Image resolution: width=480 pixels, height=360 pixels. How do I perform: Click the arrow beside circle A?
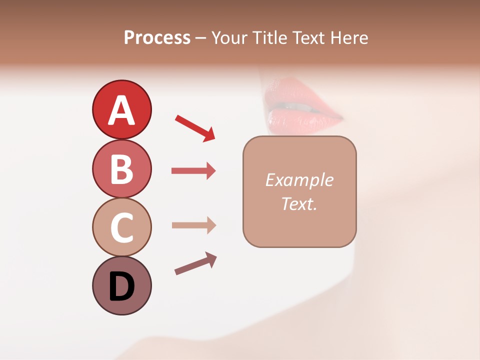(195, 127)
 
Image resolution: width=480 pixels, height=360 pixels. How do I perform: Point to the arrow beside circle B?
(193, 171)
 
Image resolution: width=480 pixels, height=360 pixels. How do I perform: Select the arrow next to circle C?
(193, 225)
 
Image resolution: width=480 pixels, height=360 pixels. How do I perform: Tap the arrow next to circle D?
(195, 264)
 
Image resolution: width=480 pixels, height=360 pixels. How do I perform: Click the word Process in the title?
(157, 37)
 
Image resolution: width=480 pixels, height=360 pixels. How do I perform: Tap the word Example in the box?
(299, 180)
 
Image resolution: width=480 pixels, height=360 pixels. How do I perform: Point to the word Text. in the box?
(299, 203)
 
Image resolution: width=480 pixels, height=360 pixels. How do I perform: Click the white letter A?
(121, 111)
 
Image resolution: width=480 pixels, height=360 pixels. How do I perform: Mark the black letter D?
(121, 287)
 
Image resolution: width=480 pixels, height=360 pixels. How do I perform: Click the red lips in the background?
(302, 105)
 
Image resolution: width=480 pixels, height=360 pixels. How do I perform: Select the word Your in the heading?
(228, 37)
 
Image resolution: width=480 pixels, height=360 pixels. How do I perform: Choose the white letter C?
(121, 228)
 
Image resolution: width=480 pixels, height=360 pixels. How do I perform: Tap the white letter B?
(121, 169)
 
